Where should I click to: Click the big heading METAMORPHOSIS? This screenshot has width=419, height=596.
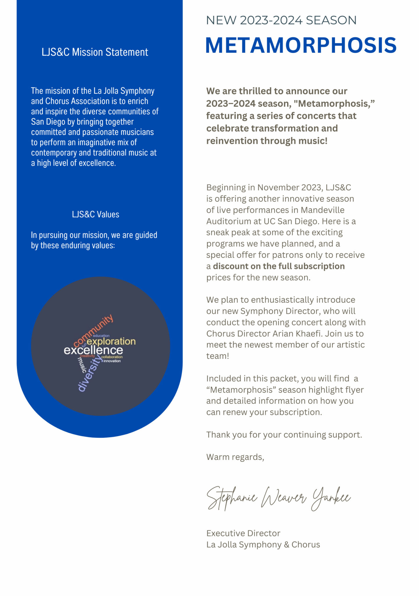301,45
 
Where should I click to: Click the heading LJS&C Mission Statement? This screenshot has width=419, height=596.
95,52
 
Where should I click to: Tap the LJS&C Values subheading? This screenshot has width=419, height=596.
95,214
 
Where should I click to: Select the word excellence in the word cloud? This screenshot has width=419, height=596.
93,350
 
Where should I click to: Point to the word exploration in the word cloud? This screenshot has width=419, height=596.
111,341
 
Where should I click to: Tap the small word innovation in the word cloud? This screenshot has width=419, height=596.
112,361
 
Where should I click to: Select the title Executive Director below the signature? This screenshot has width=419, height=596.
243,533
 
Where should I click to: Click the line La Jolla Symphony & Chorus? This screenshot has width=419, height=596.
263,545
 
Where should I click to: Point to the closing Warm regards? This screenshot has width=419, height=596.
235,457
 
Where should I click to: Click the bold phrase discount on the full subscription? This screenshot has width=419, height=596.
279,266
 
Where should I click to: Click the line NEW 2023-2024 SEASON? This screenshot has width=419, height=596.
281,20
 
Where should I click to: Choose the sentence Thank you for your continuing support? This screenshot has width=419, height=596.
284,435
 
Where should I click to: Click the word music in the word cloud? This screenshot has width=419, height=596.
82,365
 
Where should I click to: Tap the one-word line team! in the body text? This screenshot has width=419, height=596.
218,356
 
